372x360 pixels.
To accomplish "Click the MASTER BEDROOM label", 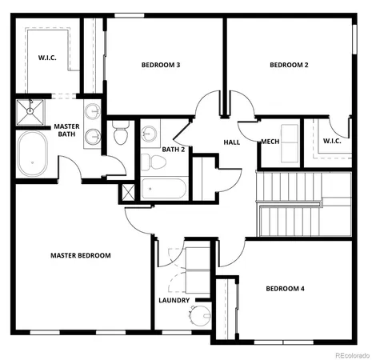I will pos(80,255).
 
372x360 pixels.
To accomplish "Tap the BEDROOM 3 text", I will pos(160,65).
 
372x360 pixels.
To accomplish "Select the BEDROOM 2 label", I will pos(289,65).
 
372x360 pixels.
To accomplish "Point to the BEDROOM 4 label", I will pos(286,288).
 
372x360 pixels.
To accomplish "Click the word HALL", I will pos(232,142).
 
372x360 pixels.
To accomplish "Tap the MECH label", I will pos(270,142).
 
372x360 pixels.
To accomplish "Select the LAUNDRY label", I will pos(174,301).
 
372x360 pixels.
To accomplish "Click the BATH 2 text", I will pos(174,149).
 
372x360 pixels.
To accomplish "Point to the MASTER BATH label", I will pos(66,130).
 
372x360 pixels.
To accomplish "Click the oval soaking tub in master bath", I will pos(34,155).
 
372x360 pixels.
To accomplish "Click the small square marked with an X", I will pos(126,193).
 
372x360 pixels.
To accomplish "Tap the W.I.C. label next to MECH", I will pos(332,142).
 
